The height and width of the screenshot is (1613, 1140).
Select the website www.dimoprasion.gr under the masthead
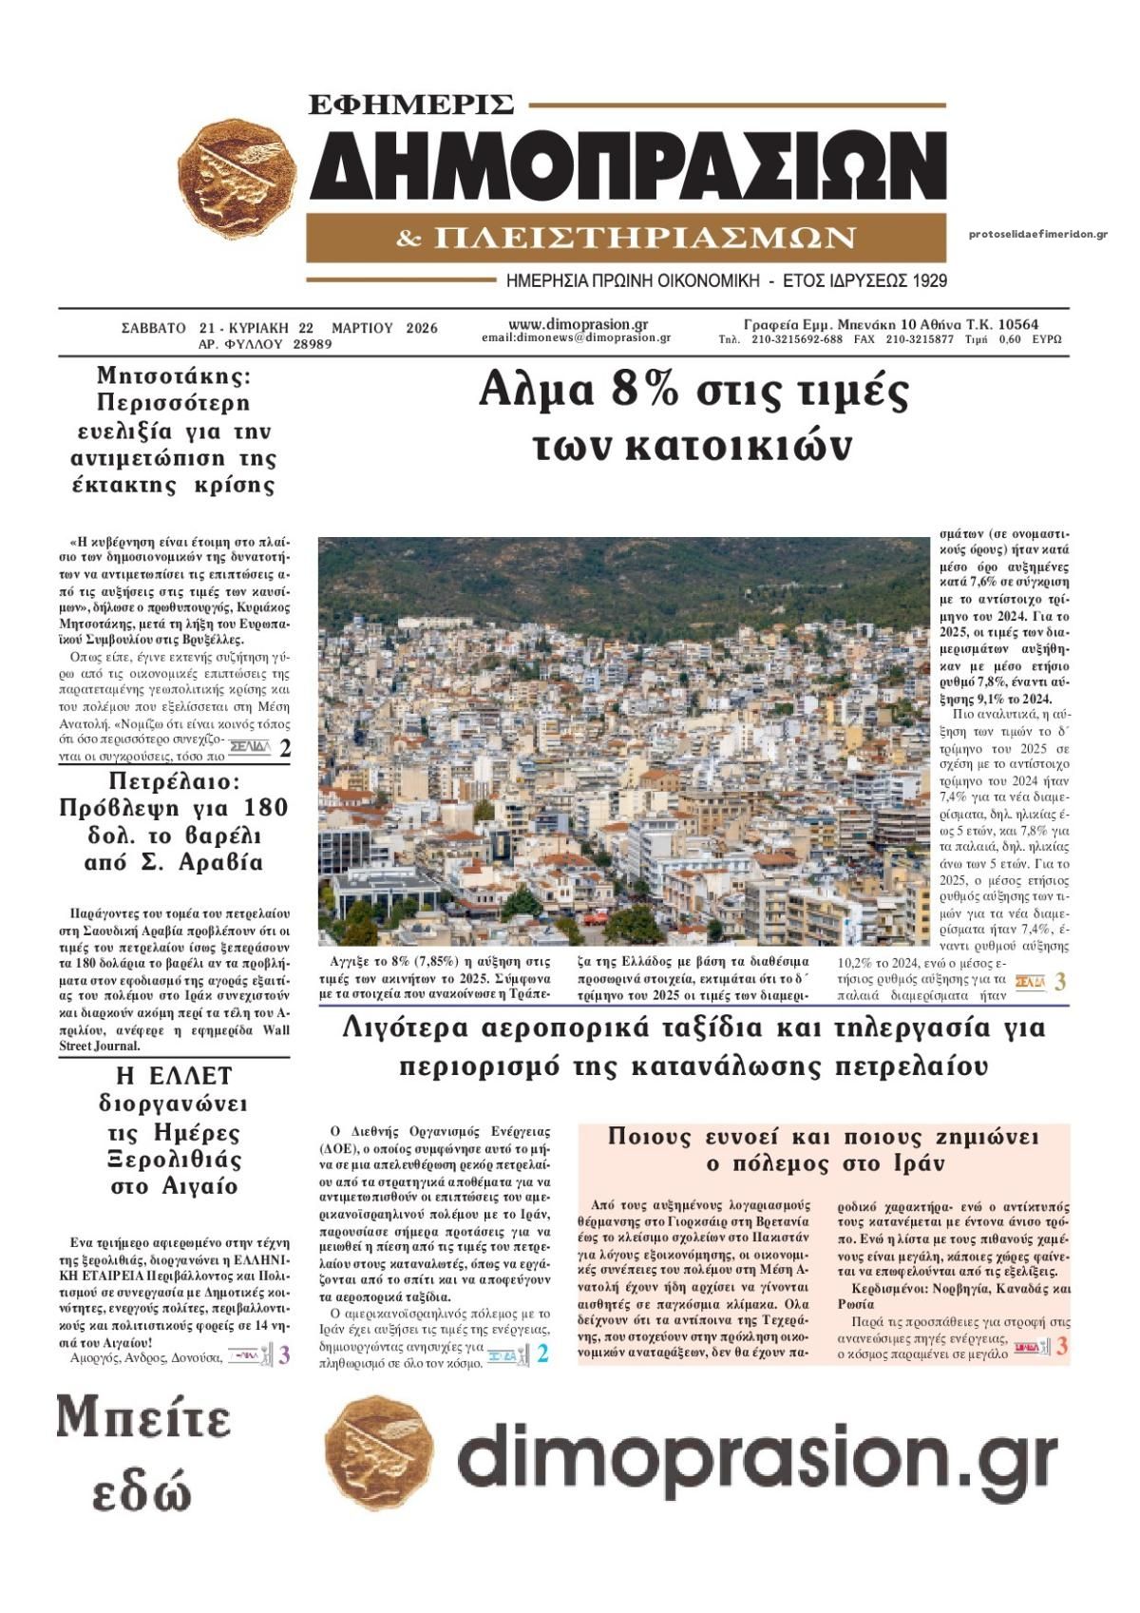coord(578,323)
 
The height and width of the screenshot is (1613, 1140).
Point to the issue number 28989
coord(313,344)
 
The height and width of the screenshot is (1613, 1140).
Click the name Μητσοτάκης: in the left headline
coord(174,375)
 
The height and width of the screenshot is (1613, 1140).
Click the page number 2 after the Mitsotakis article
coord(285,749)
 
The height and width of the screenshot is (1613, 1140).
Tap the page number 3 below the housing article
coord(1060,982)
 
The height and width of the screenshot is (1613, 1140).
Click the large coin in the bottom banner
coord(379,1453)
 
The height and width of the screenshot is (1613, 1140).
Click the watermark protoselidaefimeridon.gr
coord(1038,235)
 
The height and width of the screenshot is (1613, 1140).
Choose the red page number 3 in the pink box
coord(1062,1346)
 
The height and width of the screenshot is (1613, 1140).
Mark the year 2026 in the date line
coord(421,328)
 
